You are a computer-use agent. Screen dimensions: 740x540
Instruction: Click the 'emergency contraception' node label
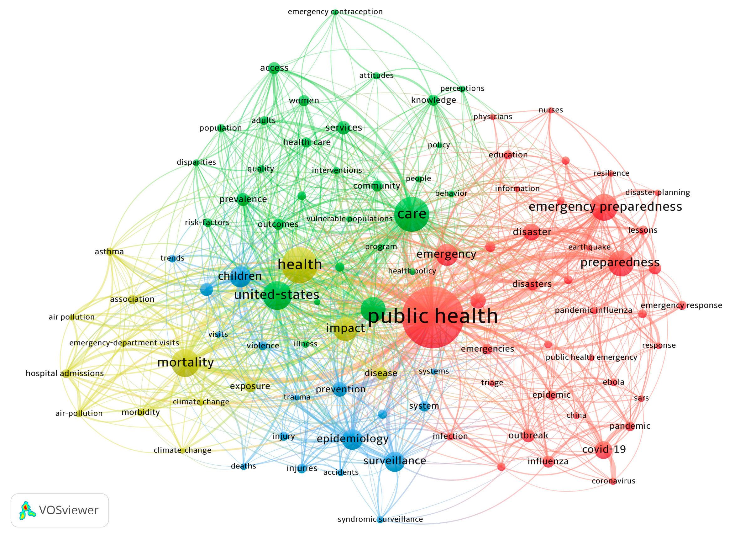(335, 12)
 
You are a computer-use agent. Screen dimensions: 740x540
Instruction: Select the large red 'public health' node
(432, 317)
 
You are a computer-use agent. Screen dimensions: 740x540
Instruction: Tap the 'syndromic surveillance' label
(380, 519)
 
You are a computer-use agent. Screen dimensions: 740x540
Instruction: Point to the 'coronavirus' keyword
(613, 481)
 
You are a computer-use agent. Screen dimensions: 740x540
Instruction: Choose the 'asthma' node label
(109, 252)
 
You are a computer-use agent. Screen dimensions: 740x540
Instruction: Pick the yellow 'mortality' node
(185, 363)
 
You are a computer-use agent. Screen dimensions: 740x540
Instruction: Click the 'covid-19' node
(603, 449)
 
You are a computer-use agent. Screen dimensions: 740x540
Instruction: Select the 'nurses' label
(550, 110)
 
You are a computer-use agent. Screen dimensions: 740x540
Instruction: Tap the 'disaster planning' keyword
(657, 193)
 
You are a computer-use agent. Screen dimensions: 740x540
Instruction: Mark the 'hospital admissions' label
(65, 373)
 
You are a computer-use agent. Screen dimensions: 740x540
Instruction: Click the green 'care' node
(412, 214)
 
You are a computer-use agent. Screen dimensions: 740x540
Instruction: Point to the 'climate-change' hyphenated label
(182, 450)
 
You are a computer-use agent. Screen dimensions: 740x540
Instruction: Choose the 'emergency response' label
(681, 305)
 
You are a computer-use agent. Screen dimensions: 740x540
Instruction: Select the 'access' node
(274, 68)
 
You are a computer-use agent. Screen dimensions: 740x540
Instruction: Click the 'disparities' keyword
(196, 162)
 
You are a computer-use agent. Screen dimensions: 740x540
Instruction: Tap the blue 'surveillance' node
(395, 461)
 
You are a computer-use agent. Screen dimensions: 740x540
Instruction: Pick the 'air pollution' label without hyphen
(71, 317)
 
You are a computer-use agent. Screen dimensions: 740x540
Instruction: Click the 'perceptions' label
(462, 88)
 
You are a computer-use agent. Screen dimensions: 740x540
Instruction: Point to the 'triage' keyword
(492, 383)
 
